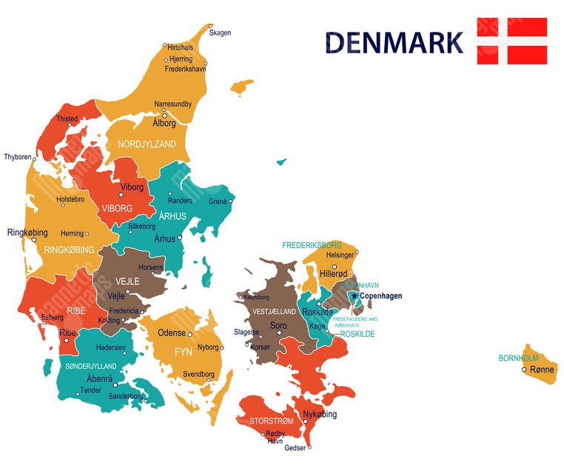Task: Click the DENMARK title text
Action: click(394, 42)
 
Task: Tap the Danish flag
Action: click(511, 41)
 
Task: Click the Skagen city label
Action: click(220, 33)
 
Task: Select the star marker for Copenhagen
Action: click(354, 296)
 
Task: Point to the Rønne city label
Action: click(542, 369)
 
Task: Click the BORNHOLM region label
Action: click(518, 358)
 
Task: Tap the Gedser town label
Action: click(295, 447)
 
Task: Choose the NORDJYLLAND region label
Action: click(147, 144)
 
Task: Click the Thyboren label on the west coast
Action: click(18, 157)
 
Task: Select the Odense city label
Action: click(172, 333)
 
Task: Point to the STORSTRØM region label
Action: click(270, 421)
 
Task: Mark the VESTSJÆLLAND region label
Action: click(275, 312)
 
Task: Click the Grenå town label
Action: click(218, 201)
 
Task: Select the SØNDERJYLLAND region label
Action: click(91, 367)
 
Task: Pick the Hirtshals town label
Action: click(180, 47)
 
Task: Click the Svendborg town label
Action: click(198, 375)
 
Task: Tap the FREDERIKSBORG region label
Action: click(312, 244)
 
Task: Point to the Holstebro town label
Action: click(70, 199)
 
